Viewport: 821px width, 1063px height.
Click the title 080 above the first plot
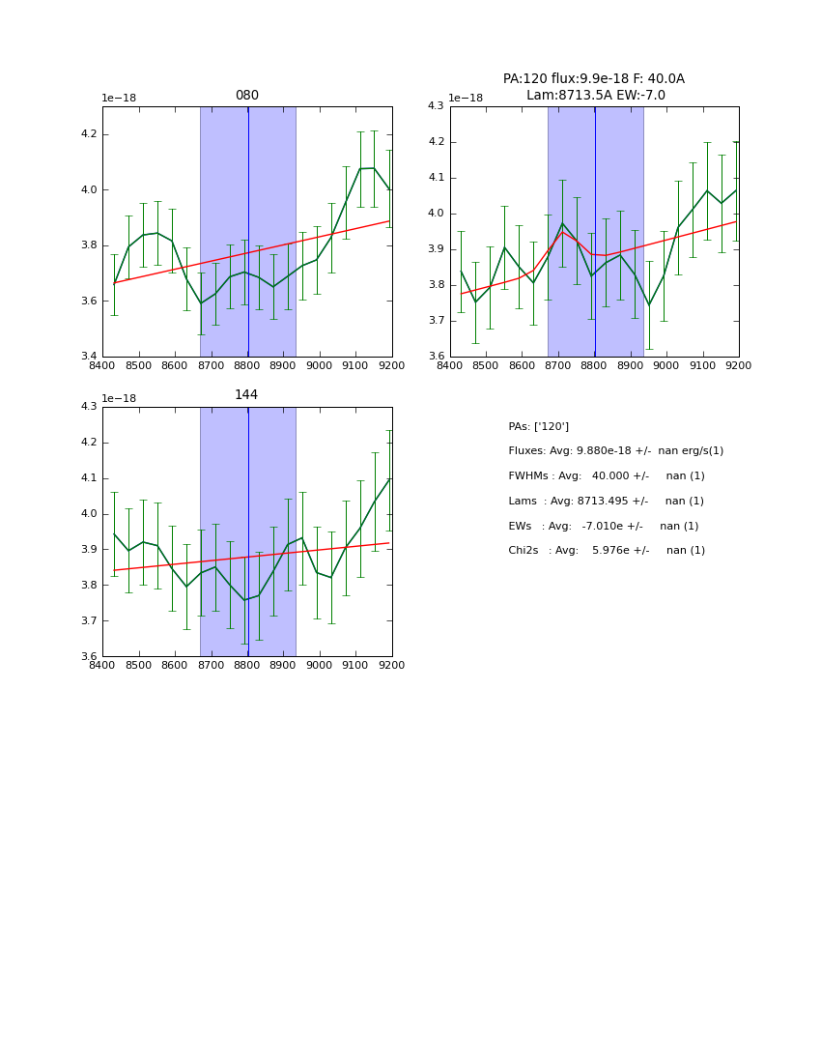[246, 96]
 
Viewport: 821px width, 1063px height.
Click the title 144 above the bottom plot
[246, 395]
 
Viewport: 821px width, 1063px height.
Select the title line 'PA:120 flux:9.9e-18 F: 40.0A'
[593, 79]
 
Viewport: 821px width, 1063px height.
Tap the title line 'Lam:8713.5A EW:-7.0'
[595, 96]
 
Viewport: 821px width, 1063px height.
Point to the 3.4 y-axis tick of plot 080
[88, 357]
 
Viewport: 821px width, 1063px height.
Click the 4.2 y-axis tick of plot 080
[88, 134]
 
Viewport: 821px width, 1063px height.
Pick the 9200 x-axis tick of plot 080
[391, 366]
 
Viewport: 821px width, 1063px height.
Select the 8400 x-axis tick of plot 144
[102, 666]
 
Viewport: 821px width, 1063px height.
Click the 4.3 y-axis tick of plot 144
[88, 407]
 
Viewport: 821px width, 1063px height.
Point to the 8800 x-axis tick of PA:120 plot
[594, 366]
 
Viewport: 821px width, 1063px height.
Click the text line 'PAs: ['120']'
[538, 426]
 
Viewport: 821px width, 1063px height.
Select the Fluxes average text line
[615, 451]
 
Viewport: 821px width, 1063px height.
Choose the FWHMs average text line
[606, 476]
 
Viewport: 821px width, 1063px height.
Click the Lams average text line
[606, 502]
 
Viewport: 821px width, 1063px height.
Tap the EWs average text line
[603, 527]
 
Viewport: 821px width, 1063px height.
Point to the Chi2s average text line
[606, 551]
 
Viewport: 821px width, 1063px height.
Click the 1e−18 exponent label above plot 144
[119, 398]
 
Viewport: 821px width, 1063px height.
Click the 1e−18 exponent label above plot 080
[119, 99]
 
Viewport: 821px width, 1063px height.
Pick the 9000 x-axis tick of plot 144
[319, 666]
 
